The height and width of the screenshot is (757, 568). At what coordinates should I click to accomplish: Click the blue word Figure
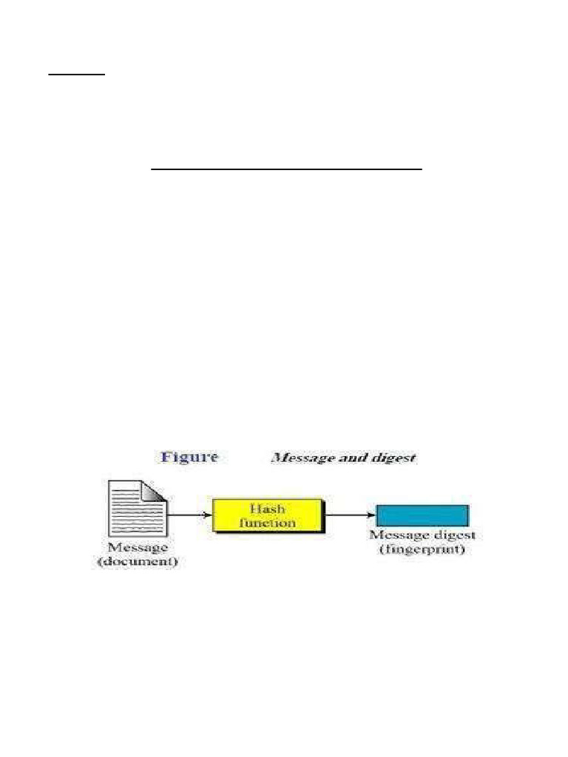189,457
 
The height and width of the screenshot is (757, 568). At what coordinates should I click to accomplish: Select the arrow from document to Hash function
189,513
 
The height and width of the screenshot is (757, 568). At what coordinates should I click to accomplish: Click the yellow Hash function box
267,515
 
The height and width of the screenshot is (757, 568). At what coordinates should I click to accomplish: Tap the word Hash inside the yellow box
268,509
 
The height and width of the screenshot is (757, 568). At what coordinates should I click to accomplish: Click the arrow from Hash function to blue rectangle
349,515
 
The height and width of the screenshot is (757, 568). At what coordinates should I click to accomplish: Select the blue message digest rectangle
422,515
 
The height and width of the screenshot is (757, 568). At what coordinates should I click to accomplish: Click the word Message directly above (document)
138,549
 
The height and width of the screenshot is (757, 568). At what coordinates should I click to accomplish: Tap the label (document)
138,562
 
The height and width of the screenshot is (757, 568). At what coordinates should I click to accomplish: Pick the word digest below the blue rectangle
454,535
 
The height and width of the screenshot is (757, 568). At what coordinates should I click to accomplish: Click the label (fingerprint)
422,549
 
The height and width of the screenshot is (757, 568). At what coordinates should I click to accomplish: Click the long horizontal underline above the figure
286,169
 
